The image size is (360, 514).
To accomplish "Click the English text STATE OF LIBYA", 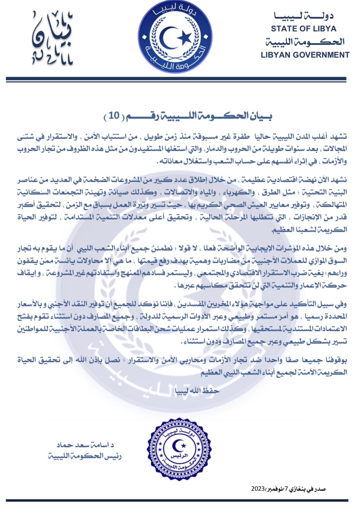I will coord(303,29).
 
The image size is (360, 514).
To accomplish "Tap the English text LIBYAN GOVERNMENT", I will coord(305,55).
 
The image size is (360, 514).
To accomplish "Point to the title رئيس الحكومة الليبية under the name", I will coord(85,456).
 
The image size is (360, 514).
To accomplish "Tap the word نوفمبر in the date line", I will coord(275,489).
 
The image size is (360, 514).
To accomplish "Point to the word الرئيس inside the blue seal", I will coord(177,457).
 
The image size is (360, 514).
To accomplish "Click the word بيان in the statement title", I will coord(261,116).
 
